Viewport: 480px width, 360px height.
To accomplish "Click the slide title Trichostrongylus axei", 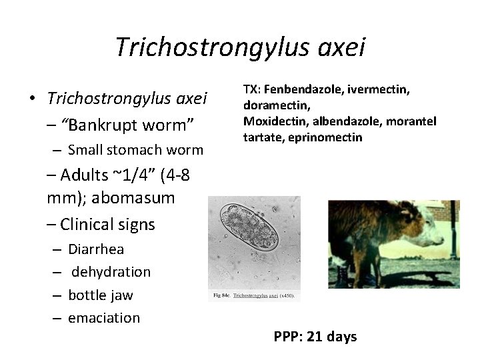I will coord(240,47).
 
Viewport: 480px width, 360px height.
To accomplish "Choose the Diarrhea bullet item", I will coord(96,249).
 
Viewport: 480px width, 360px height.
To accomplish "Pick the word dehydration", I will coord(111,272).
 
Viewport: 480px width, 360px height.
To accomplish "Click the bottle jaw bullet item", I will coord(101,295).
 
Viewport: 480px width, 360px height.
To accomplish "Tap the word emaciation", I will coord(104,318).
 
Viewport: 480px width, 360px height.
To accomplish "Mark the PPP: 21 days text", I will coord(315,337).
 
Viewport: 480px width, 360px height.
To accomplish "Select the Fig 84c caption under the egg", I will coord(254,294).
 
